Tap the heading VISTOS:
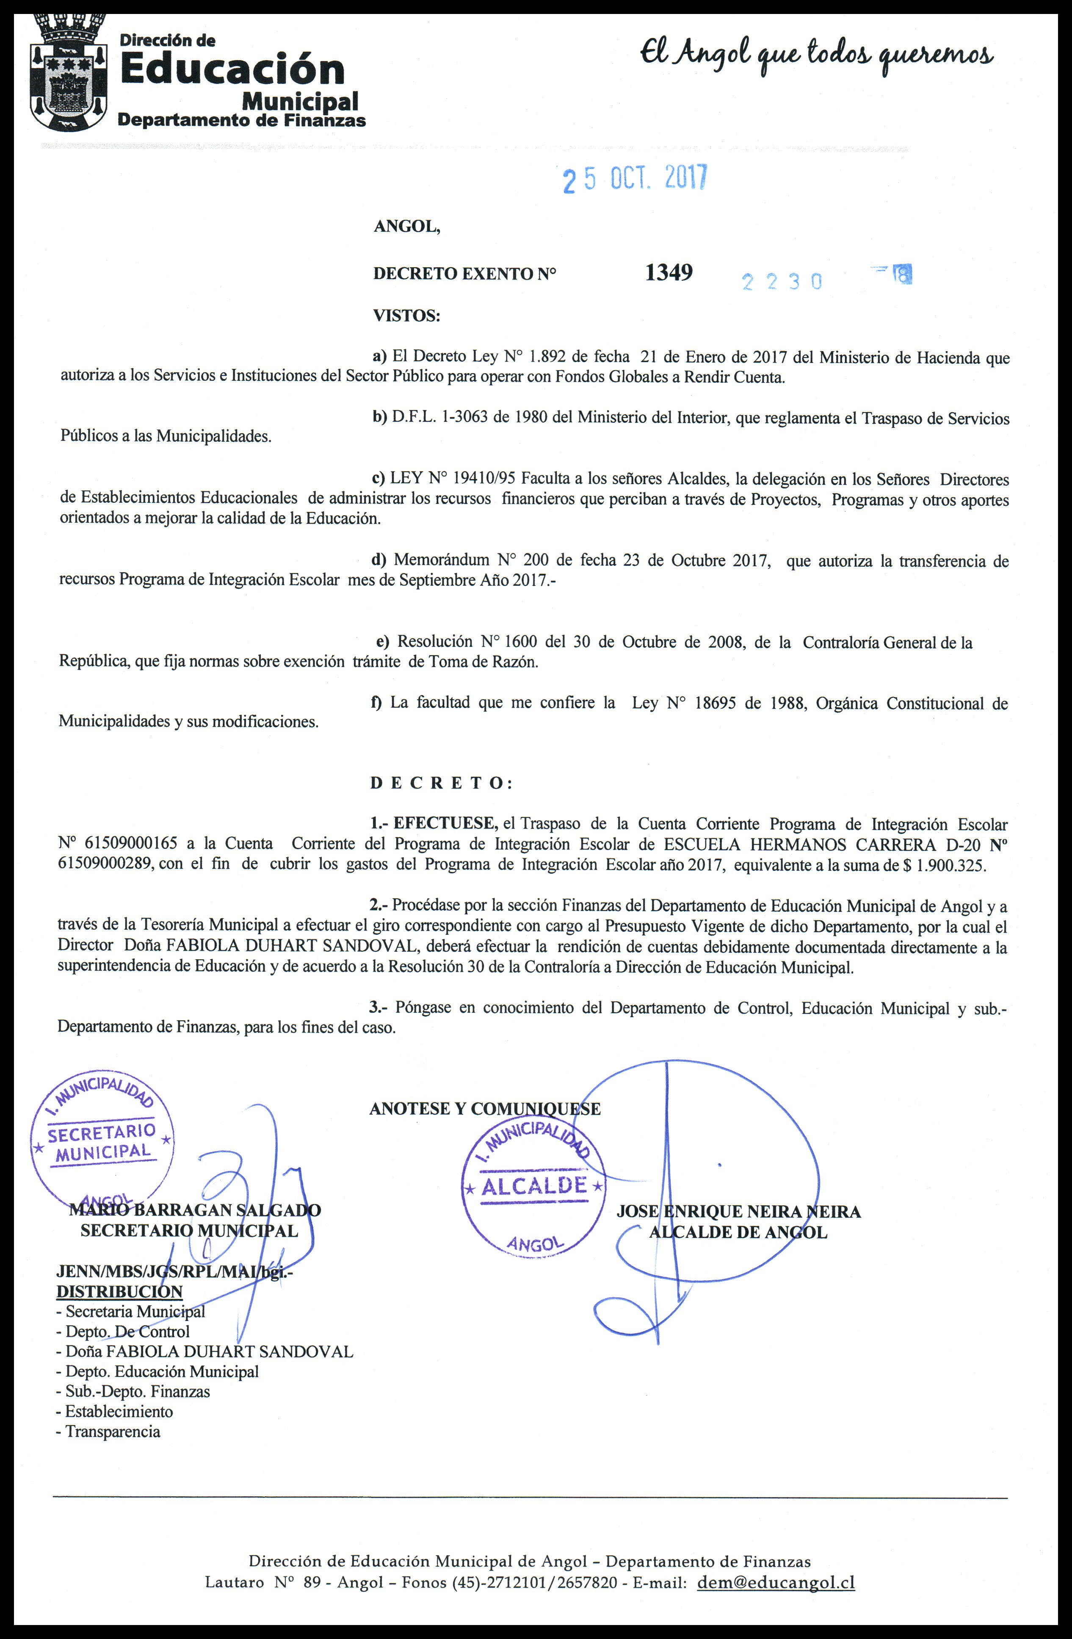[406, 316]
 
